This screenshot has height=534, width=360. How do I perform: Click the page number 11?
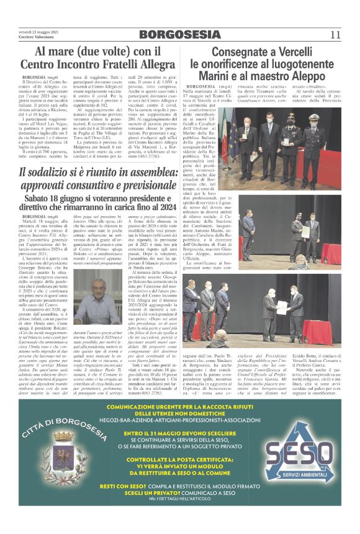pyautogui.click(x=335, y=34)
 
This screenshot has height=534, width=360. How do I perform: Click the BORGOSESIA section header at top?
pyautogui.click(x=179, y=34)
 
